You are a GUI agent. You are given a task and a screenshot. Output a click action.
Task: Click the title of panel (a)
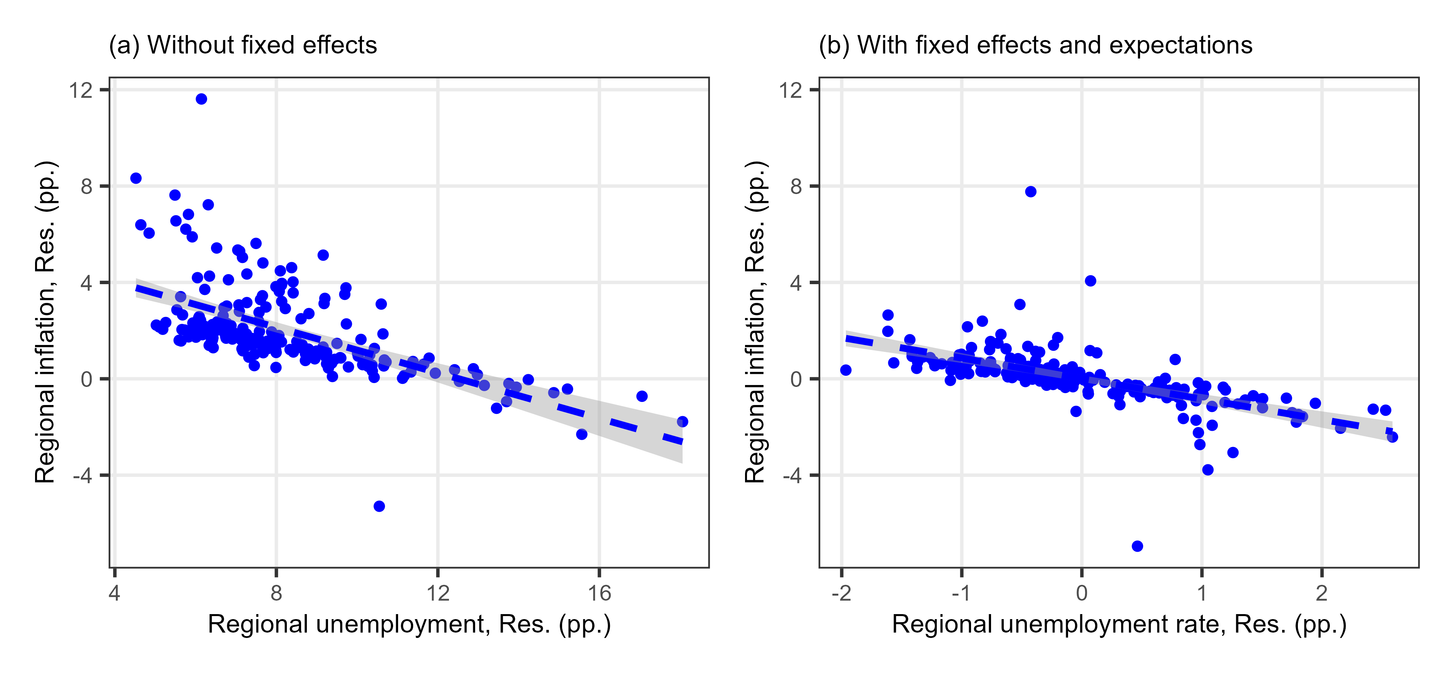coord(243,45)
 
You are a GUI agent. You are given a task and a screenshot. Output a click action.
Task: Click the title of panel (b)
coord(1035,45)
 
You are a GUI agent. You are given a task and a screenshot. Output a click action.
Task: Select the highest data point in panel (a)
coord(201,99)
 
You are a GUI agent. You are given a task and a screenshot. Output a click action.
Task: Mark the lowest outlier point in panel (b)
coord(1138,546)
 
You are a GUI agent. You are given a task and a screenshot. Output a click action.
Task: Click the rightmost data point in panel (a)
coord(682,422)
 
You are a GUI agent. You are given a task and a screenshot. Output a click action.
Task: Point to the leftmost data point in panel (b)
coord(846,370)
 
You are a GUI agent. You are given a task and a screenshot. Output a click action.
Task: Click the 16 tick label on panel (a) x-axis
coord(599,593)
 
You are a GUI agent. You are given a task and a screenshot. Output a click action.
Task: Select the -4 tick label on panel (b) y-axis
coord(792,476)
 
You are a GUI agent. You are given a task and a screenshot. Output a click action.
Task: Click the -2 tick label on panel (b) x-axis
coord(841,593)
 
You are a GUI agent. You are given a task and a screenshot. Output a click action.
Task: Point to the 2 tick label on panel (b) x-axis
coord(1322,593)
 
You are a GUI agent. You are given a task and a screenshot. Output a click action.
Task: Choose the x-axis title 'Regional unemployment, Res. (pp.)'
coord(410,624)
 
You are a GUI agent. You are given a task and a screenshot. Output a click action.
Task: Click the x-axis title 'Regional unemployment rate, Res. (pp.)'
coord(1119,624)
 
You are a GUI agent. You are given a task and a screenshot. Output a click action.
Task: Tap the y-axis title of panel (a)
coord(45,322)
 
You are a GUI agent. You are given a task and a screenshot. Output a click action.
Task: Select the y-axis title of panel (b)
coord(755,322)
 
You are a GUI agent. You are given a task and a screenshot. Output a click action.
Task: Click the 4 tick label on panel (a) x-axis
coord(115,593)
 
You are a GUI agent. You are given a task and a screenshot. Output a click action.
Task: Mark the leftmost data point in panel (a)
coord(136,178)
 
